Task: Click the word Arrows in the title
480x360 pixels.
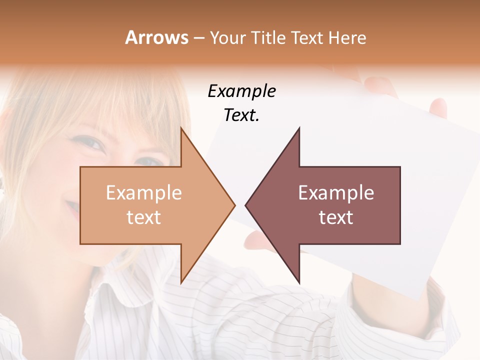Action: coord(157,37)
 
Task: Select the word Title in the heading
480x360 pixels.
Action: coord(271,37)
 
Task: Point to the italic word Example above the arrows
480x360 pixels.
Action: coord(241,91)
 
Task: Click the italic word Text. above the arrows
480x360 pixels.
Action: coord(241,115)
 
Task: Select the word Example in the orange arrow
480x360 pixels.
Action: coord(144,193)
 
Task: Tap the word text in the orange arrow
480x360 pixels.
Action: coord(144,217)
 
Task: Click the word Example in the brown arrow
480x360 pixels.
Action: coord(336,193)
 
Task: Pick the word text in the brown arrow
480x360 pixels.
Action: coord(336,217)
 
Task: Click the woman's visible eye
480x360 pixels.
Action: coord(91,143)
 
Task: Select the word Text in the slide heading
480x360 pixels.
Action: coord(307,37)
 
